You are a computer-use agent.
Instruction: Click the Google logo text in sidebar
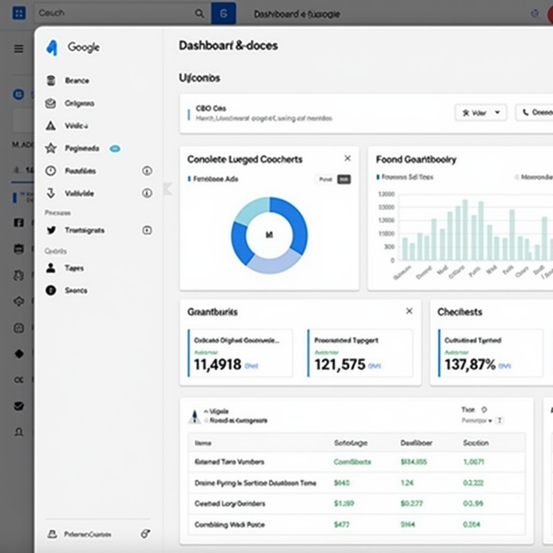pos(83,48)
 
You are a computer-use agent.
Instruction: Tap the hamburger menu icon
pos(19,49)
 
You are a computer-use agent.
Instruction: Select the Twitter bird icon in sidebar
pos(51,230)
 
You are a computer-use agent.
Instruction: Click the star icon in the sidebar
pos(51,148)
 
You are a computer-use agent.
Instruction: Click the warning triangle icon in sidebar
pos(51,126)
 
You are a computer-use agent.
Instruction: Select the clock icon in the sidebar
pos(51,171)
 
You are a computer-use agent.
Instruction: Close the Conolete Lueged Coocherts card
pos(347,158)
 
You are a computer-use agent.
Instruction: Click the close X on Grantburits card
pos(409,311)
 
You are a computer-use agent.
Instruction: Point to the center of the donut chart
pos(269,235)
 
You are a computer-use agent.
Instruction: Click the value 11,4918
pos(218,365)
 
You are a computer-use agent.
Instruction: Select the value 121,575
pos(340,365)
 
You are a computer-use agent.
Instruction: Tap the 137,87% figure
pos(470,365)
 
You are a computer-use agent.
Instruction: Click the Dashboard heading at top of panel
pos(228,46)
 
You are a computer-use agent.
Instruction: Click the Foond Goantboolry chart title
pos(416,159)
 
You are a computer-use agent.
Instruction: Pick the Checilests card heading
pos(460,312)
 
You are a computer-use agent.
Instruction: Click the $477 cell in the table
pos(342,524)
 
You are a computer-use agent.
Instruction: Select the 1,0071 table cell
pos(474,462)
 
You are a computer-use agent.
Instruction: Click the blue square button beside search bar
pos(223,14)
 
